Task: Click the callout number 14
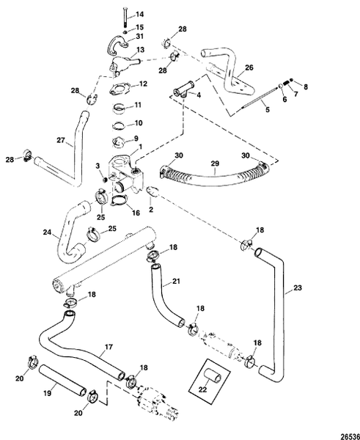click(141, 15)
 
